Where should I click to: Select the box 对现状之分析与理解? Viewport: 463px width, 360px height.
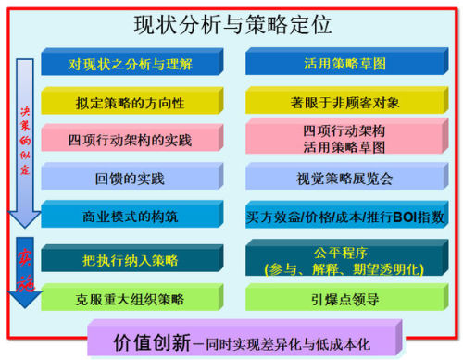pyautogui.click(x=130, y=64)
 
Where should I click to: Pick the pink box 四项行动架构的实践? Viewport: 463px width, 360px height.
pyautogui.click(x=130, y=140)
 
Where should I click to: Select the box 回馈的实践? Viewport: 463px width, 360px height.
pyautogui.click(x=130, y=178)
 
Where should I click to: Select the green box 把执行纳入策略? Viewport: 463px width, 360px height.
pyautogui.click(x=130, y=257)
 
